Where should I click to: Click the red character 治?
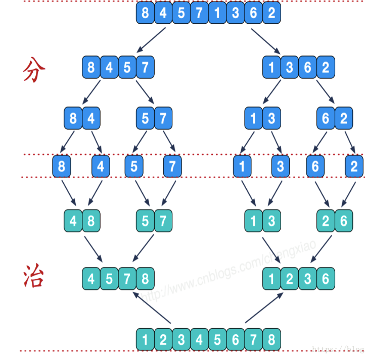point(33,277)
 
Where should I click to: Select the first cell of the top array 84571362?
point(145,13)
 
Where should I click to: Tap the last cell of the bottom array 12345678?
point(271,339)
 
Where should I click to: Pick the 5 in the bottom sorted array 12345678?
point(217,339)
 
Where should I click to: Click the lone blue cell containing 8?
point(62,166)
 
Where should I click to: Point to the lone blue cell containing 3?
point(281,166)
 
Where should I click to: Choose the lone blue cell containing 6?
point(315,166)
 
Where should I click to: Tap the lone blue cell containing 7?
point(172,166)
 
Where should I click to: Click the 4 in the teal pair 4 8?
point(73,221)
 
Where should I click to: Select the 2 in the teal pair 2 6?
point(326,221)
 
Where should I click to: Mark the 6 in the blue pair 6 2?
point(326,119)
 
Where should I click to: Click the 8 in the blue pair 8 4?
point(73,119)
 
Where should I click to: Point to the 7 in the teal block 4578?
point(127,278)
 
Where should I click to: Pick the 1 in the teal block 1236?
point(271,278)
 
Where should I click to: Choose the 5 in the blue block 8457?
point(127,67)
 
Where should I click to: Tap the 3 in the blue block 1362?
point(290,67)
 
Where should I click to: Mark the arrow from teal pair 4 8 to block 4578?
point(96,250)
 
